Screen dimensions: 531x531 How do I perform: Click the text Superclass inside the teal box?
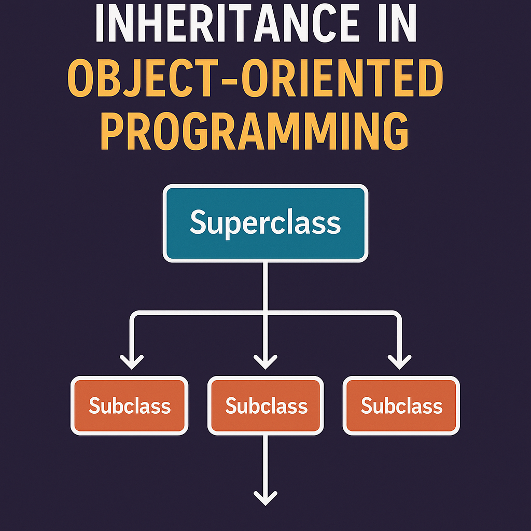pos(265,223)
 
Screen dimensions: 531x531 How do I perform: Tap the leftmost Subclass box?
pos(130,406)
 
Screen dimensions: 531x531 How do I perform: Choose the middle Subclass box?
pos(265,406)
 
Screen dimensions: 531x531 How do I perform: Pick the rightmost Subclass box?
pos(401,406)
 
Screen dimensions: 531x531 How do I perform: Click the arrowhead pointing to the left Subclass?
pos(132,361)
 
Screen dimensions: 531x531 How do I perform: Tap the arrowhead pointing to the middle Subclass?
pos(265,361)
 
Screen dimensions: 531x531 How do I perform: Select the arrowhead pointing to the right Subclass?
pos(399,361)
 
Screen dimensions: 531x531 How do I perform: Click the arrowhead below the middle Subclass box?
pos(265,498)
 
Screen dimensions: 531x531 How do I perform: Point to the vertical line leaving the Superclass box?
pos(265,285)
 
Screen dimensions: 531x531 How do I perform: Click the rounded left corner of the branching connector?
pos(134,315)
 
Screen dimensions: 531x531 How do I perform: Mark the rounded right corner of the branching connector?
pos(397,315)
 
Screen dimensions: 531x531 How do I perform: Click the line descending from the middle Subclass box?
pos(265,462)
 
